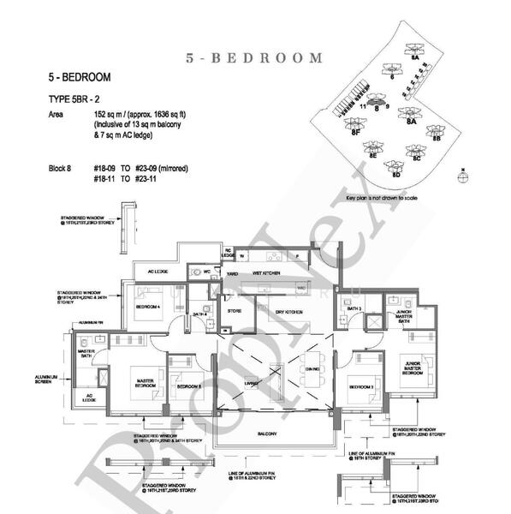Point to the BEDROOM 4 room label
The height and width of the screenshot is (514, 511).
pyautogui.click(x=149, y=308)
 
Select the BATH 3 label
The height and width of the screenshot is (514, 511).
pyautogui.click(x=353, y=308)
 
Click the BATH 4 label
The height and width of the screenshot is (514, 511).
pyautogui.click(x=200, y=315)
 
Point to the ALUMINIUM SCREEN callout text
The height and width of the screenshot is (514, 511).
pyautogui.click(x=45, y=379)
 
